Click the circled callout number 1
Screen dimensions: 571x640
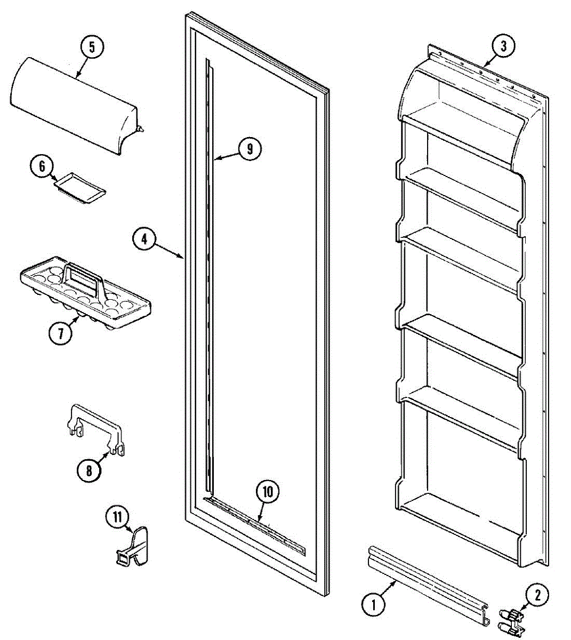click(373, 604)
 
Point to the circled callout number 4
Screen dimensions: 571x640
click(144, 238)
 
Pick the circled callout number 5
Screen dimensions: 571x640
click(92, 47)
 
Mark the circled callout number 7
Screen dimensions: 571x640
click(60, 334)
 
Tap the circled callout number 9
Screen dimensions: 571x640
click(250, 149)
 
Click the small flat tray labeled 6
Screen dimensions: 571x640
click(80, 188)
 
